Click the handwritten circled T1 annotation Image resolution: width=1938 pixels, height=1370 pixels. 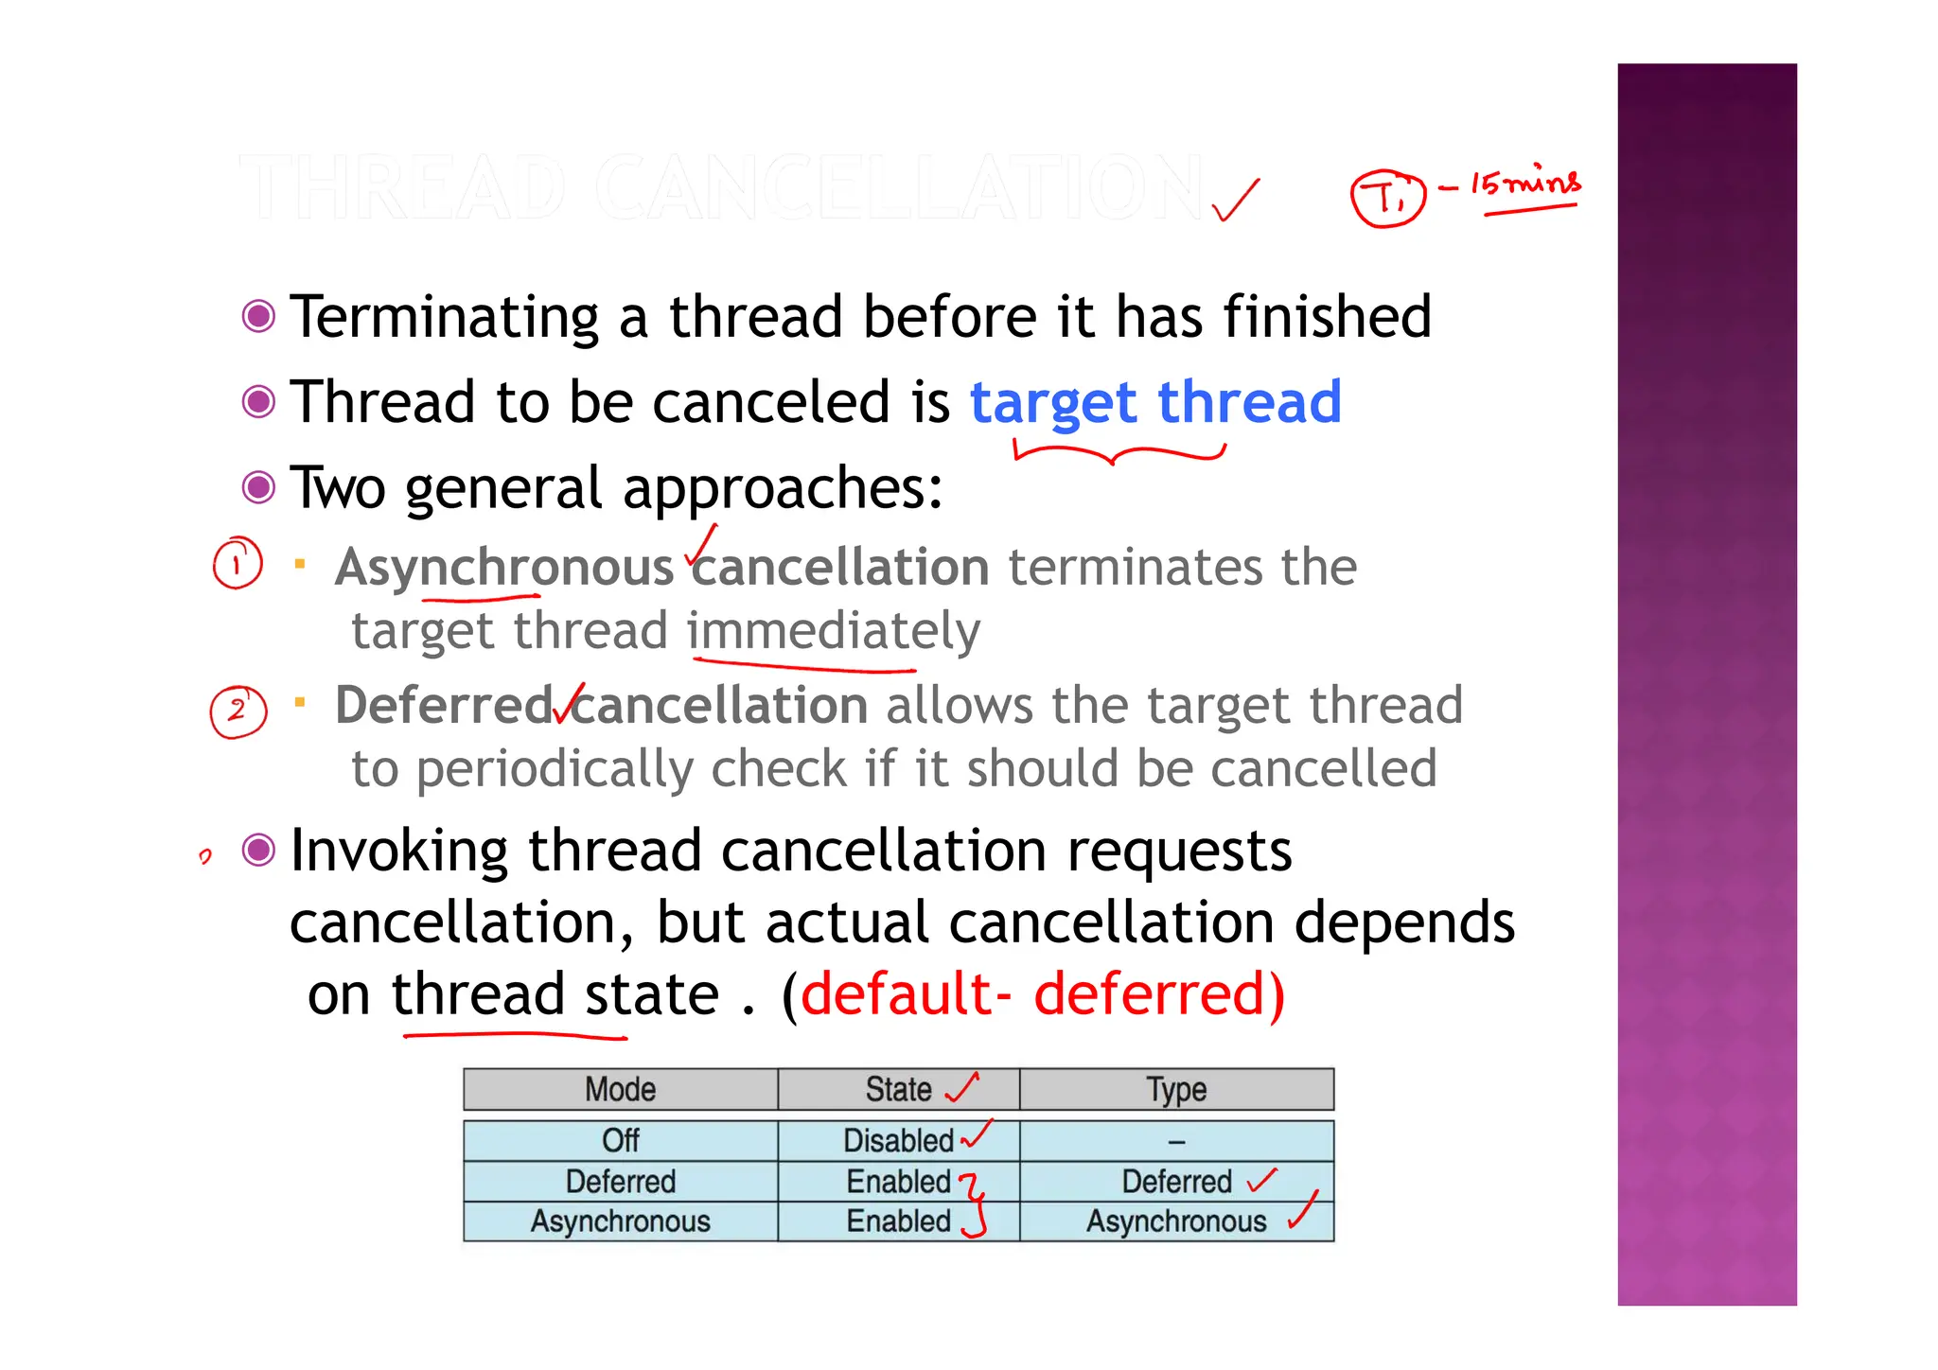click(x=1386, y=198)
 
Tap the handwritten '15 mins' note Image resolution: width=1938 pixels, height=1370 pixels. click(x=1525, y=183)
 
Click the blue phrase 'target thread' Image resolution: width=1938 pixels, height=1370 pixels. click(x=1155, y=402)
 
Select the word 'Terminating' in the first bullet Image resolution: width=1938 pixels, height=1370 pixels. click(x=444, y=317)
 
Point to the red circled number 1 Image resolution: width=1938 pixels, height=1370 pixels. click(x=237, y=563)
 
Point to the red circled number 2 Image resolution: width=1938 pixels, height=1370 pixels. click(x=238, y=711)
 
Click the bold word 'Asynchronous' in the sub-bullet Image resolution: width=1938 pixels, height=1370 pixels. click(x=503, y=568)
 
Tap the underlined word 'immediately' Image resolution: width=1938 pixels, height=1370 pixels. click(x=834, y=631)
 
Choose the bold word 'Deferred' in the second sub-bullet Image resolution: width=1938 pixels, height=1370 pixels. click(x=444, y=706)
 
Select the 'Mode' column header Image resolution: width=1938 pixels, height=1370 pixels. click(x=620, y=1090)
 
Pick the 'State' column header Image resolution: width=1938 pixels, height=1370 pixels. click(x=898, y=1090)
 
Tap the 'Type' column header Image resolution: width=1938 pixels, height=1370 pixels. click(x=1176, y=1090)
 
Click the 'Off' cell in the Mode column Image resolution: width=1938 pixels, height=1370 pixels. click(x=620, y=1141)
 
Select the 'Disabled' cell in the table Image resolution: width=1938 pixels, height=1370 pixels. click(x=898, y=1141)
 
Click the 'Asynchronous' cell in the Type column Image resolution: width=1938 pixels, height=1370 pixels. click(x=1176, y=1221)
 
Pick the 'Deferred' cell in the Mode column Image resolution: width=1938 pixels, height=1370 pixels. click(x=620, y=1182)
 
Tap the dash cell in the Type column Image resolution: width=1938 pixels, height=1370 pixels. click(x=1176, y=1142)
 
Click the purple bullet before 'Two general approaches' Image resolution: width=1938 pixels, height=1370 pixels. click(x=258, y=488)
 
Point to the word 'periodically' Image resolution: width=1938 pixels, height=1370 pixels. click(x=555, y=769)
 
